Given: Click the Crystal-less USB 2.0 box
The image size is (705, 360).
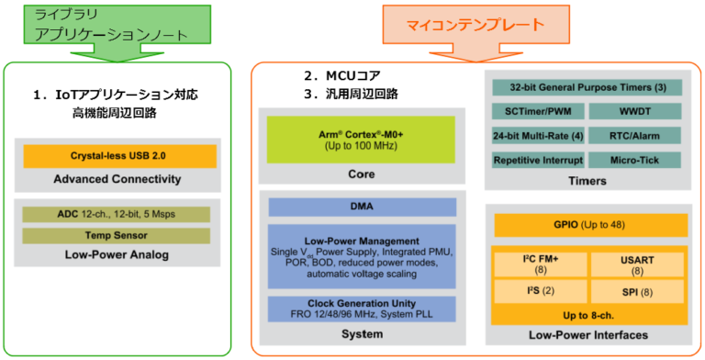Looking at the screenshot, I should tap(118, 156).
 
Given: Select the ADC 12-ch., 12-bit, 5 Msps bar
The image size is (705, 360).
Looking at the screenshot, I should tap(117, 214).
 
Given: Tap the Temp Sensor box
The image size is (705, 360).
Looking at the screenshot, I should tap(117, 235).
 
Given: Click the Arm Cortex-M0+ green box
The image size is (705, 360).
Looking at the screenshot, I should tap(361, 139).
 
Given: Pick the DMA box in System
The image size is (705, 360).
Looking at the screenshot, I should tap(361, 208).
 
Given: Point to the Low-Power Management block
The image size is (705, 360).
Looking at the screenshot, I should tap(361, 256).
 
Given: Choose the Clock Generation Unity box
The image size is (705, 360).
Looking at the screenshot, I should tap(361, 308).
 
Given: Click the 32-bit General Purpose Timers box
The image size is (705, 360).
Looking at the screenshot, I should tap(587, 88).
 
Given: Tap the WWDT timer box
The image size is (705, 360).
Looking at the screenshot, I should tap(635, 112).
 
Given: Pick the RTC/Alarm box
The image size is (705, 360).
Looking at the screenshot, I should tap(635, 136).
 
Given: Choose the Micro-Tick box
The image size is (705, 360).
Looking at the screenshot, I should tap(635, 160).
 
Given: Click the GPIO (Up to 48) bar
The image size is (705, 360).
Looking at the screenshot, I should tap(590, 224).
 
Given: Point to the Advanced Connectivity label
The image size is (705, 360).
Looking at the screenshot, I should tap(117, 179).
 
